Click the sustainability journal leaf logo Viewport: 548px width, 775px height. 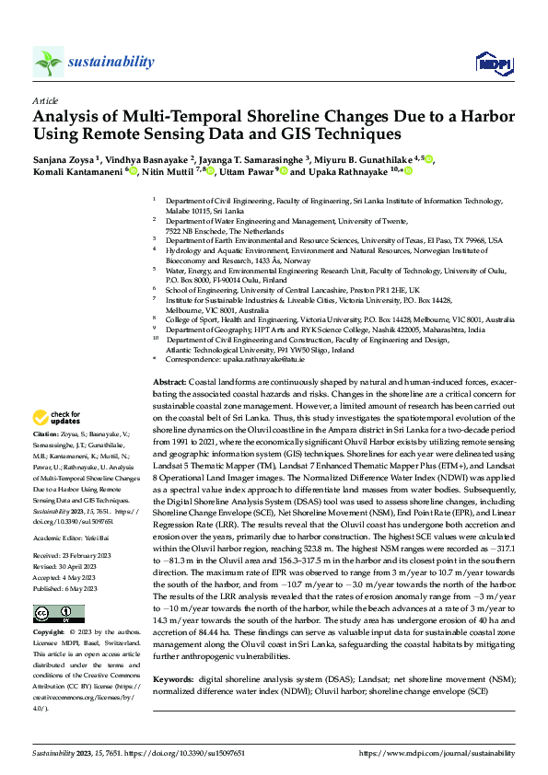point(48,62)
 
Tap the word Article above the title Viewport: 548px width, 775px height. point(45,100)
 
